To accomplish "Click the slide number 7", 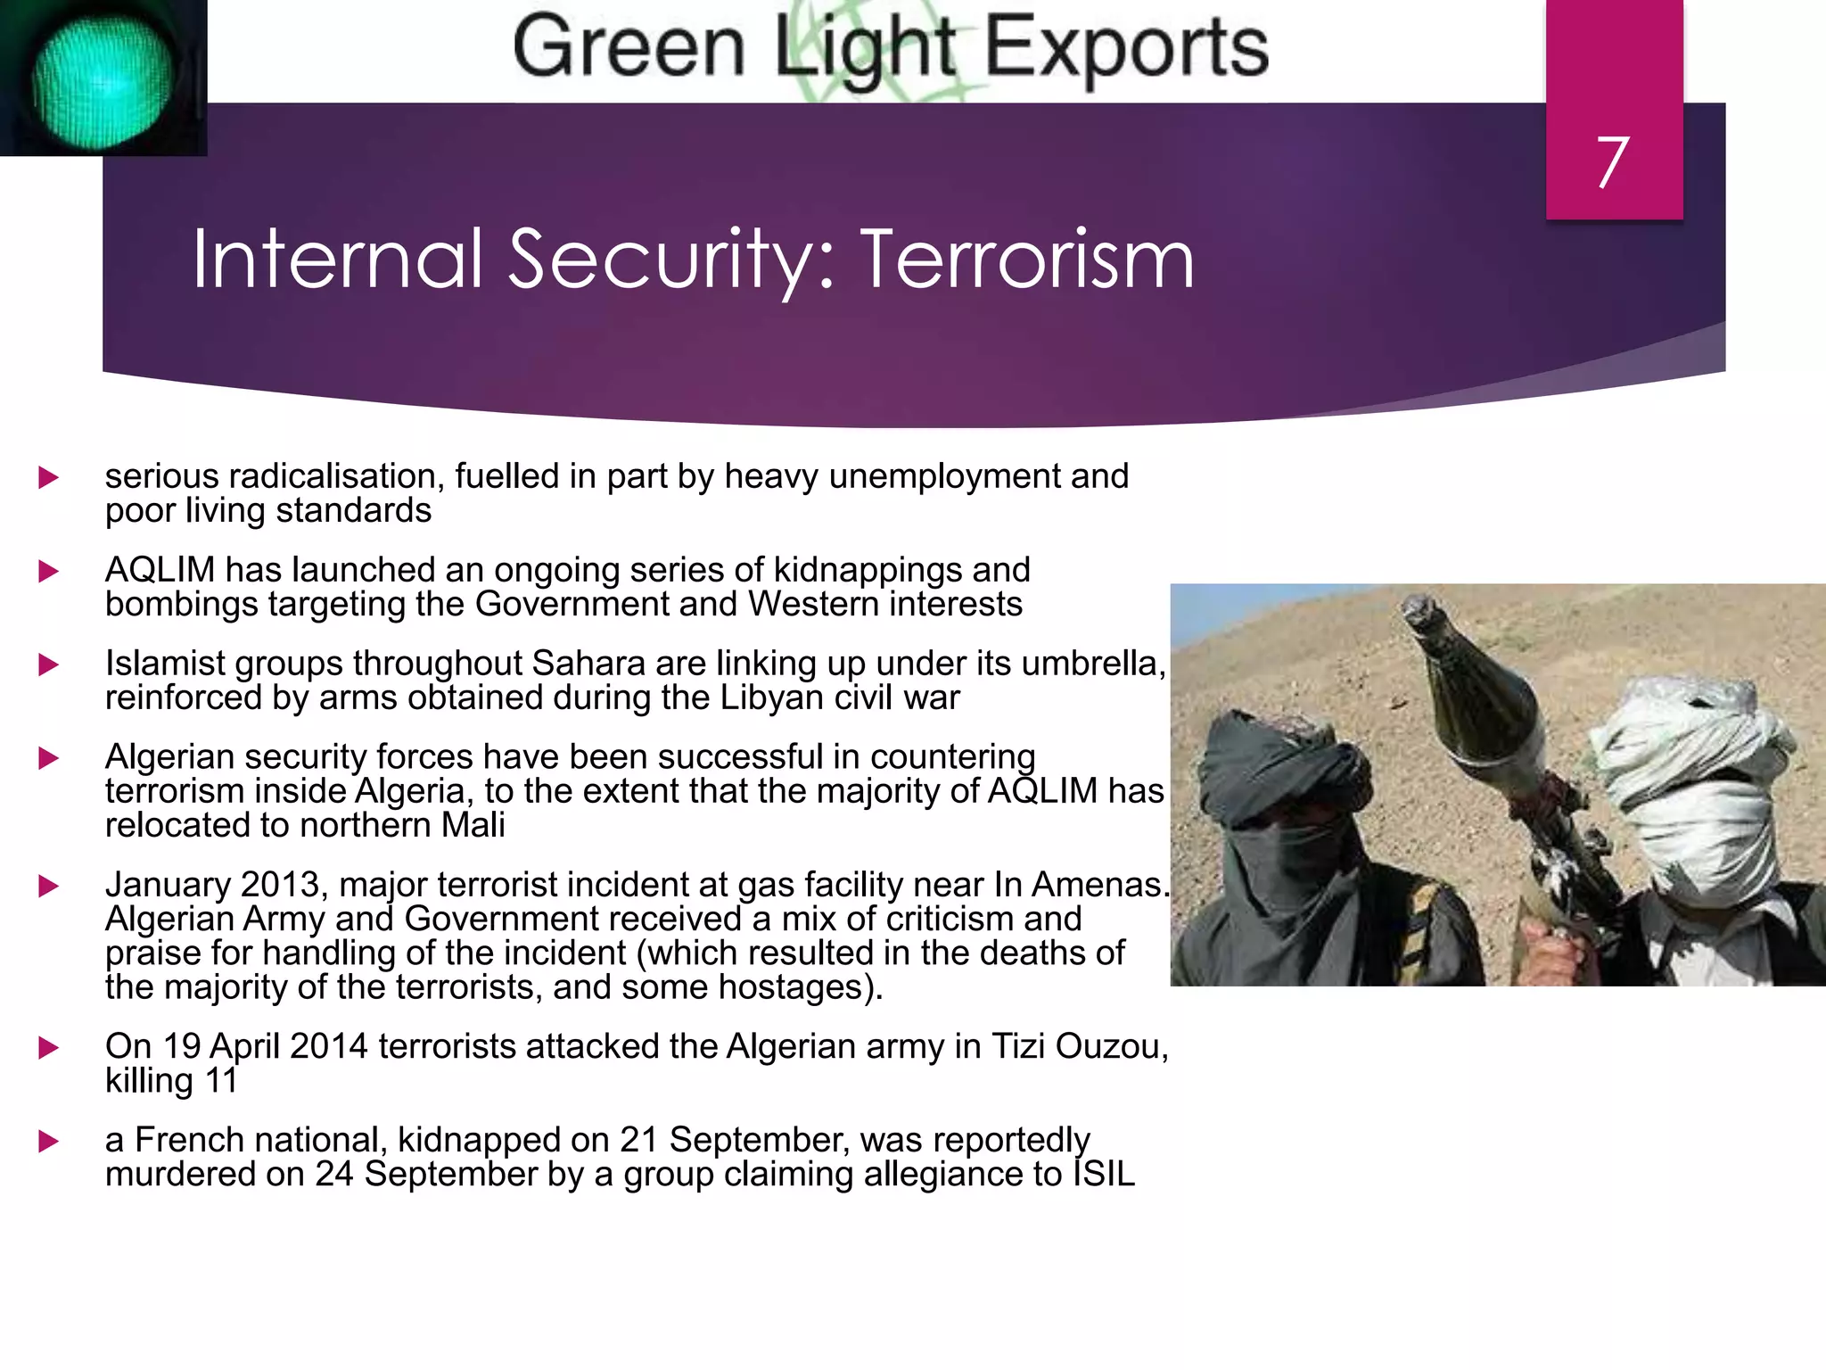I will [1613, 162].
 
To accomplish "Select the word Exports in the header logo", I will [1125, 49].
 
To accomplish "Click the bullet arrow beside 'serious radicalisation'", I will [49, 478].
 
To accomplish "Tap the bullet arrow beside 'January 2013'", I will [49, 887].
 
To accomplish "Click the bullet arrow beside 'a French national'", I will [49, 1142].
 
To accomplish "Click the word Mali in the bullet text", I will [473, 826].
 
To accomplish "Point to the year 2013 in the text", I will [280, 885].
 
